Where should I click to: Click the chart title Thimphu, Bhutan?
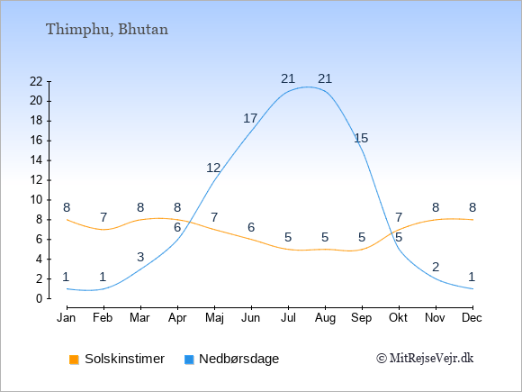(107, 30)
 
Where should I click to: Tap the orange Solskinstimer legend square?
(74, 360)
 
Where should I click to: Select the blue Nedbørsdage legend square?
(189, 360)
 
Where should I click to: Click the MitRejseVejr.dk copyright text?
(425, 359)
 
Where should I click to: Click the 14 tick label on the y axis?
(36, 160)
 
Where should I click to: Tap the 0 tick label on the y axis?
(40, 298)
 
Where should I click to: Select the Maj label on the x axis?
(215, 318)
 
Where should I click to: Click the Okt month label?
(398, 318)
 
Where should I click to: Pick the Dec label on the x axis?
(472, 318)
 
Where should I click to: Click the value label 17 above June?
(250, 118)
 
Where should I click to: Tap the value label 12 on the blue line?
(213, 168)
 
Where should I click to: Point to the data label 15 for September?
(361, 138)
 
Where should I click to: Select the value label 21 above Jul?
(288, 79)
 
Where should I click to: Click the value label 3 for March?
(140, 257)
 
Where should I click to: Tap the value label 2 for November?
(436, 267)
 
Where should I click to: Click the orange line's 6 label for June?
(251, 227)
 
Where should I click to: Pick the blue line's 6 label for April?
(177, 228)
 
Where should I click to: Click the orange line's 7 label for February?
(103, 218)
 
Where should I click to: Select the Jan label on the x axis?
(67, 318)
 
